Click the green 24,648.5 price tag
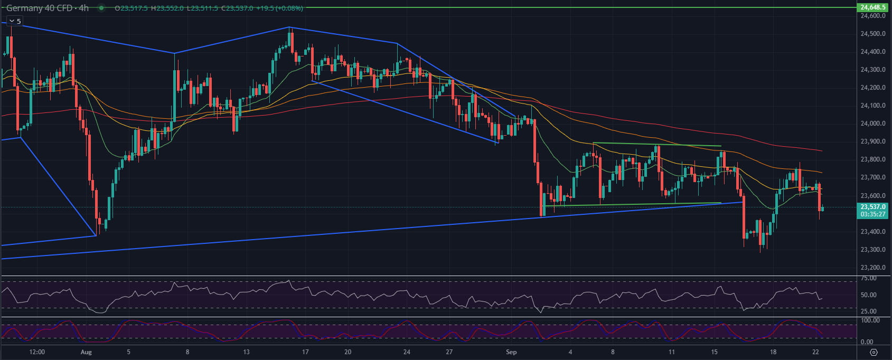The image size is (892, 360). [872, 7]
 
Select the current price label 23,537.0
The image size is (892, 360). [872, 207]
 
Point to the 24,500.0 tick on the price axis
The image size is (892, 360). [872, 34]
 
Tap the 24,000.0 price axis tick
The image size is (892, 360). [872, 124]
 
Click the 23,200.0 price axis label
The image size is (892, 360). [872, 268]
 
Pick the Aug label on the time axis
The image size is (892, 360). [86, 352]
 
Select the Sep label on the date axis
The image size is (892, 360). [511, 352]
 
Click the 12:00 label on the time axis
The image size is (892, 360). [37, 352]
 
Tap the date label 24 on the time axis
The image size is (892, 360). [407, 352]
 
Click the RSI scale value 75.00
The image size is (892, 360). [869, 278]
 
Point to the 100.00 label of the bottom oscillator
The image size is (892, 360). [870, 320]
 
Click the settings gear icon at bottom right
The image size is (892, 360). [874, 352]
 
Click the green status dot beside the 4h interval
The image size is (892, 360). [101, 8]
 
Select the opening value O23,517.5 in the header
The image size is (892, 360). [130, 8]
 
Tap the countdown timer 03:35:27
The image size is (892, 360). [872, 214]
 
